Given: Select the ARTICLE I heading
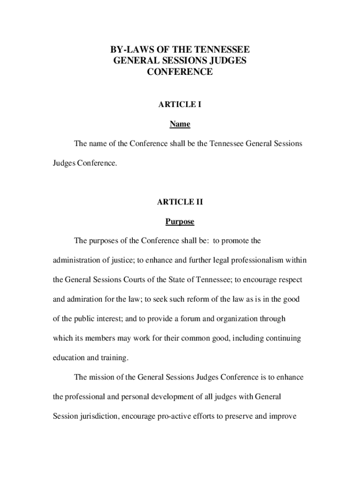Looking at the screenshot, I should click(x=180, y=104).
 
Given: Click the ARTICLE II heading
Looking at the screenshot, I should click(x=180, y=202).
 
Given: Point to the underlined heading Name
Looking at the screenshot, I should click(x=180, y=124).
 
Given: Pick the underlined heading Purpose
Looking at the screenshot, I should click(x=180, y=221).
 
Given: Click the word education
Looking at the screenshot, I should click(x=68, y=358).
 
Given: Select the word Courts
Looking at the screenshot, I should click(x=126, y=280).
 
